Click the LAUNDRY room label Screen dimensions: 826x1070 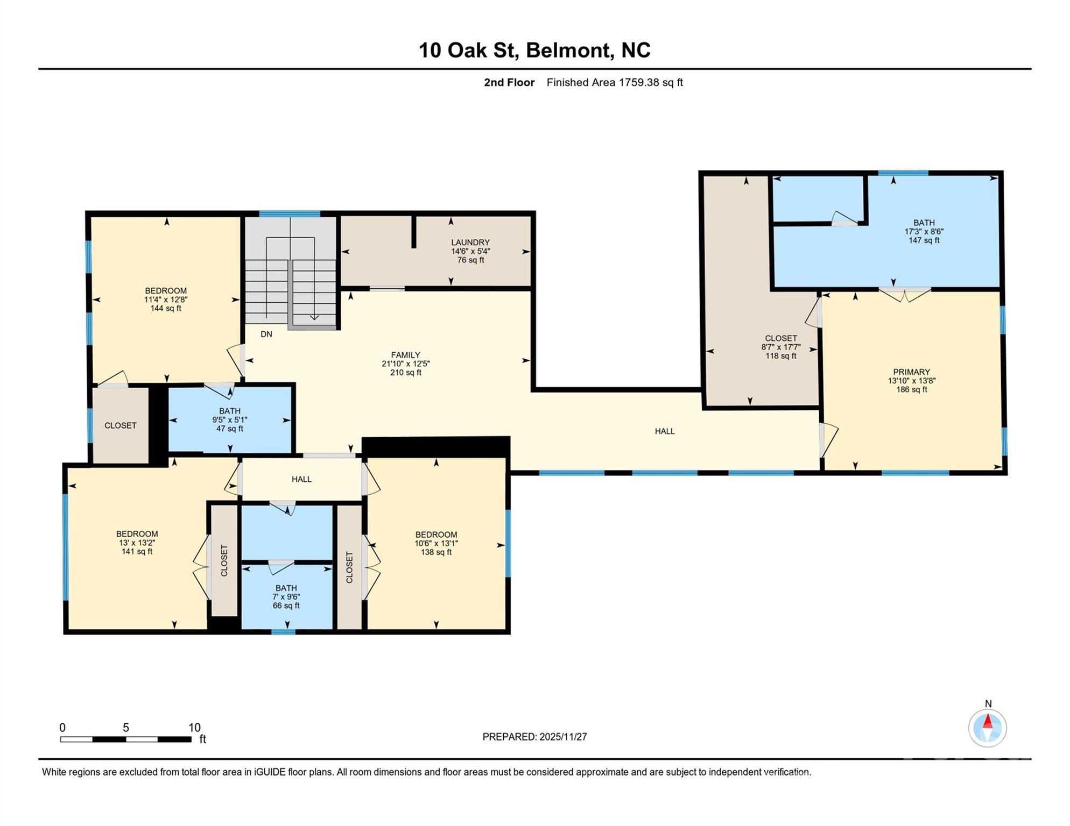pyautogui.click(x=470, y=243)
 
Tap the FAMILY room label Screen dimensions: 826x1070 pyautogui.click(x=405, y=355)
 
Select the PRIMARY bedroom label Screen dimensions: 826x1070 pyautogui.click(x=911, y=372)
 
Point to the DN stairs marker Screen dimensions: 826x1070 pyautogui.click(x=266, y=334)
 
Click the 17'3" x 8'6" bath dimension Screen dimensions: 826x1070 pyautogui.click(x=924, y=232)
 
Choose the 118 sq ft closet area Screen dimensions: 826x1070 pyautogui.click(x=780, y=356)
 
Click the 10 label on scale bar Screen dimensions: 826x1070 pyautogui.click(x=194, y=728)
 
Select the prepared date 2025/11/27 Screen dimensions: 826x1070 pyautogui.click(x=534, y=737)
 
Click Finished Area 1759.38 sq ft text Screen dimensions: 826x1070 pyautogui.click(x=614, y=82)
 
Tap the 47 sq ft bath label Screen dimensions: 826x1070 pyautogui.click(x=229, y=429)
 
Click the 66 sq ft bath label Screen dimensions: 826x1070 pyautogui.click(x=286, y=606)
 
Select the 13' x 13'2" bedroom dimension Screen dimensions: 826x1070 pyautogui.click(x=137, y=543)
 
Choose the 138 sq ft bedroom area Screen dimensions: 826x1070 pyautogui.click(x=435, y=552)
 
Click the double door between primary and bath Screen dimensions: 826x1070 pyautogui.click(x=905, y=295)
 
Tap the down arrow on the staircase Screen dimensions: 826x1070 pyautogui.click(x=314, y=317)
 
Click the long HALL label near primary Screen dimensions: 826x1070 pyautogui.click(x=664, y=431)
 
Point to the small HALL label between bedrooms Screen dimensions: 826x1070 pyautogui.click(x=301, y=479)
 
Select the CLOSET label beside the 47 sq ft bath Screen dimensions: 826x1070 pyautogui.click(x=120, y=425)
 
